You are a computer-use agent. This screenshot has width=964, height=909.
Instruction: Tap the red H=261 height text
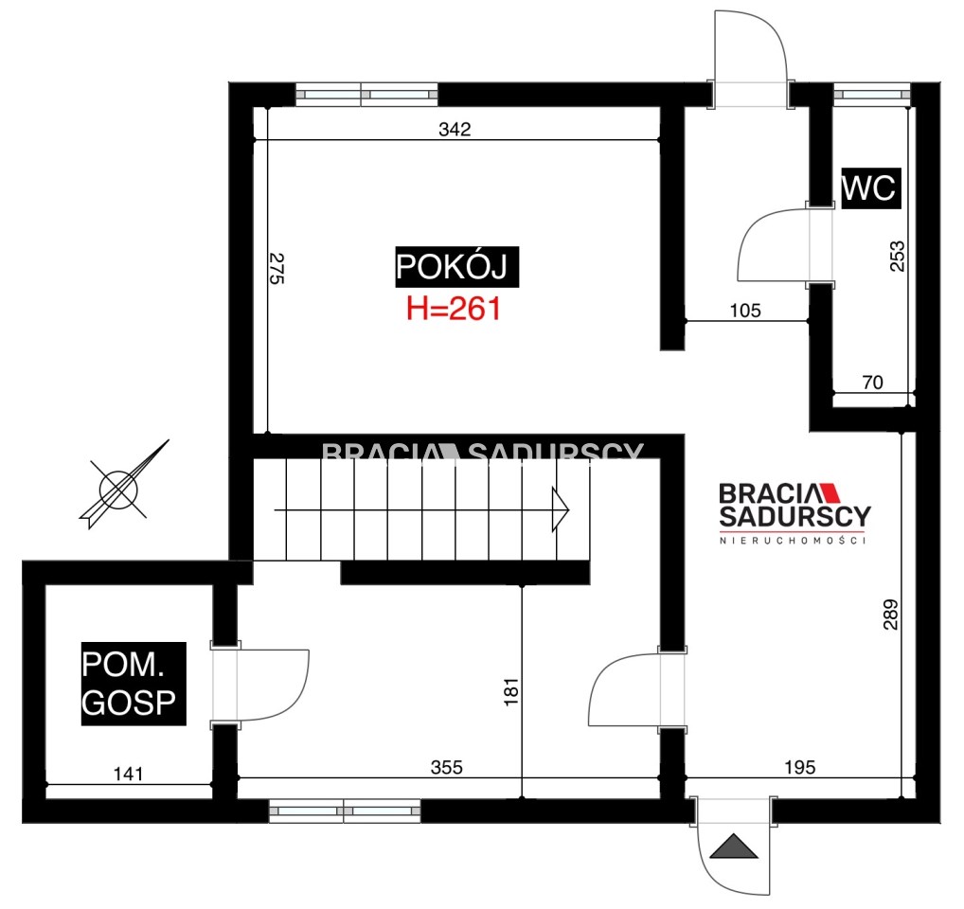454,309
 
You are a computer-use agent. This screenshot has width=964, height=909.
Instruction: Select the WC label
870,187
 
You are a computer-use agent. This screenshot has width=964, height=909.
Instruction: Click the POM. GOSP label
134,684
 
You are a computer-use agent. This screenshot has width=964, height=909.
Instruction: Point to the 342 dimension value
455,129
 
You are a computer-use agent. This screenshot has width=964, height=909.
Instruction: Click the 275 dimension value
277,269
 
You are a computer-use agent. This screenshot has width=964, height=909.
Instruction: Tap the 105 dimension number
745,311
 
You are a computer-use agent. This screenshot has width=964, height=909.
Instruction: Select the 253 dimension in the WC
898,257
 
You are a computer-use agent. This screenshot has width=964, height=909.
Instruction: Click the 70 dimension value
873,383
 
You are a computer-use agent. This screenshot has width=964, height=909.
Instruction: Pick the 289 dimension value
890,615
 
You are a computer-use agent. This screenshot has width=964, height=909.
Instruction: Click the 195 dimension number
800,767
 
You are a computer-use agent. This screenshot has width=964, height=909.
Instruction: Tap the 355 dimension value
446,767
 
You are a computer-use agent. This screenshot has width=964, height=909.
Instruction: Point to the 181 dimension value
511,692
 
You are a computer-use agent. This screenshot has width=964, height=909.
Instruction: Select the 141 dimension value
129,774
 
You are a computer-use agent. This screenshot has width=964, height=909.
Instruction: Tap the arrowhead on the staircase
561,509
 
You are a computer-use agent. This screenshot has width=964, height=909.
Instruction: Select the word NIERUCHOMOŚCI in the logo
794,541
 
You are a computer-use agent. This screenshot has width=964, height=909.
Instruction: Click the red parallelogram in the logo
831,493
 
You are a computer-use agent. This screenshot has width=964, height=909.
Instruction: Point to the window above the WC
872,95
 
